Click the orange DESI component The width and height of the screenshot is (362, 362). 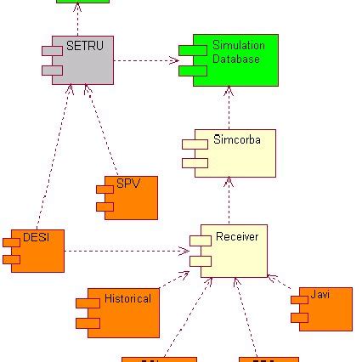pyautogui.click(x=38, y=252)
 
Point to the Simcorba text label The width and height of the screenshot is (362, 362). pyautogui.click(x=237, y=138)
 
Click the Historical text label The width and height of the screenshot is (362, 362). pyautogui.click(x=127, y=298)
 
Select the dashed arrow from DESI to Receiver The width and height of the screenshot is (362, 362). pyautogui.click(x=127, y=251)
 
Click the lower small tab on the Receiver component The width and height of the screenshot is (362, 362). pyautogui.click(x=200, y=261)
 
